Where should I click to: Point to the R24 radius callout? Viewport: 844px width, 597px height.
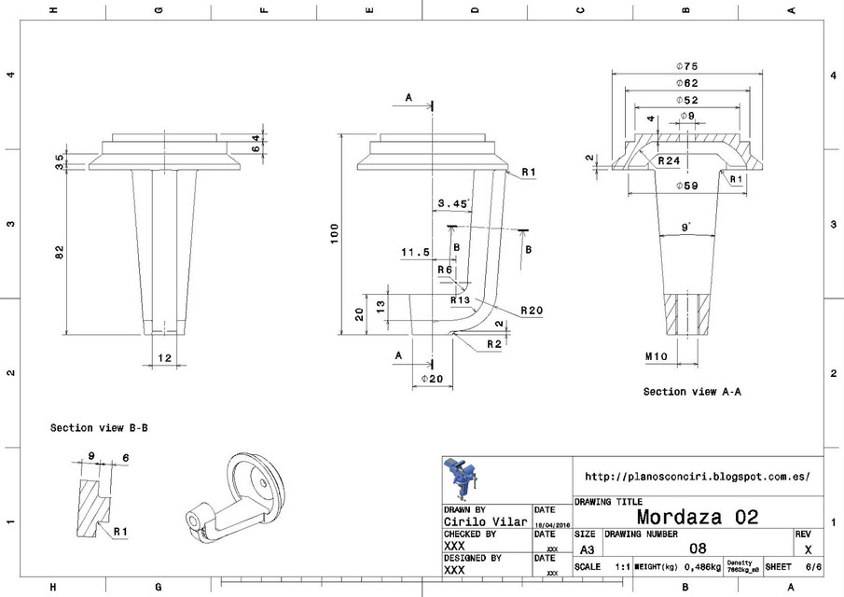668,160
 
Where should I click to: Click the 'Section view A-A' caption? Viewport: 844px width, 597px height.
693,392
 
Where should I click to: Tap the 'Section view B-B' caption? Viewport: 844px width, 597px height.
99,428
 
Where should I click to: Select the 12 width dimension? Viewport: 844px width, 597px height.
165,358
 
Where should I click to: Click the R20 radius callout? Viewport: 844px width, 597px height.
532,310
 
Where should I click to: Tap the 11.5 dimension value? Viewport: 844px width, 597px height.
414,252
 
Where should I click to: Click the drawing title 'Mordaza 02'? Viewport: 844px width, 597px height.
697,516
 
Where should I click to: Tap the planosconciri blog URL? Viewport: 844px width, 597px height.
696,476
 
